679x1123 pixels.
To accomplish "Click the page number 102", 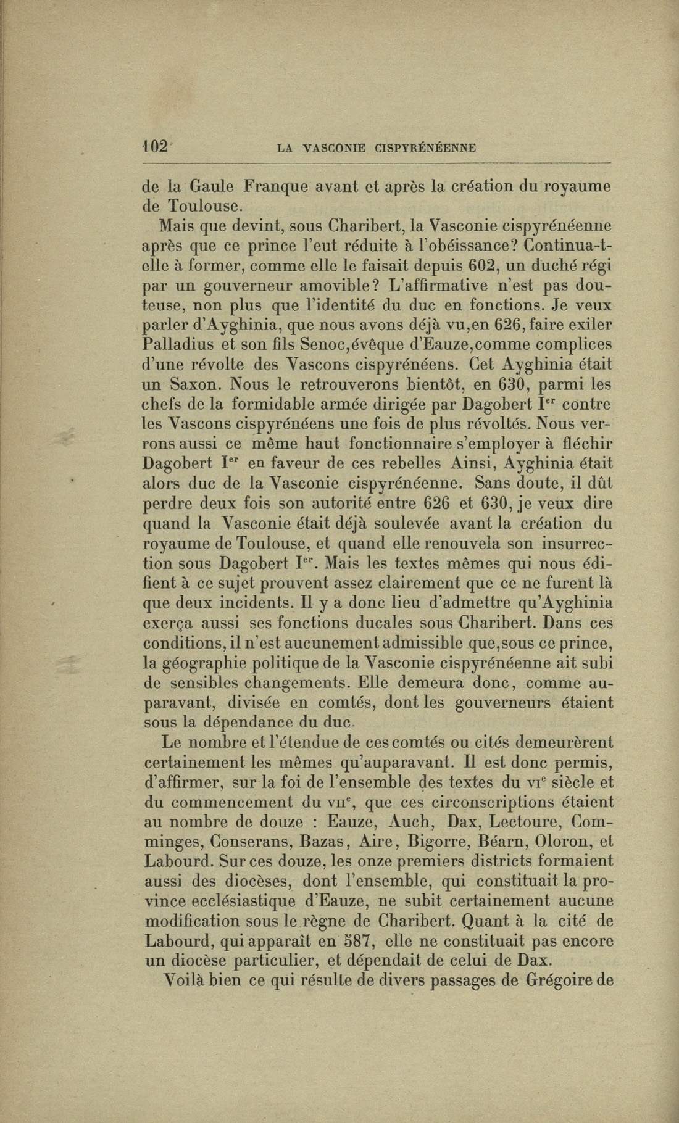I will click(x=154, y=146).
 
